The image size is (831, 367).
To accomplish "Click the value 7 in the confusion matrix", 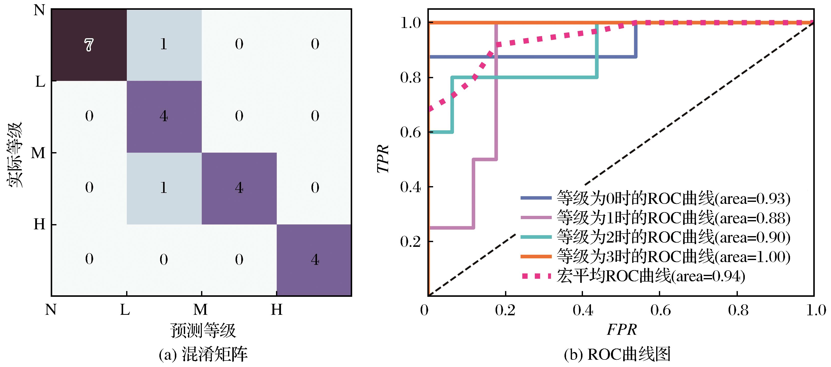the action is coord(89,45).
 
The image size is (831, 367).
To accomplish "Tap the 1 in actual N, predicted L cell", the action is coord(164,44).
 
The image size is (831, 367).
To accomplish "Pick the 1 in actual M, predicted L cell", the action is coord(164,188).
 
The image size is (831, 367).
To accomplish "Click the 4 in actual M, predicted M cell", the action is coord(239,188).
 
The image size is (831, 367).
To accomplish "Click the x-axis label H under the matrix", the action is coord(277,310).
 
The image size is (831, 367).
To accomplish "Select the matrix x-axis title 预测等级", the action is coord(203,330).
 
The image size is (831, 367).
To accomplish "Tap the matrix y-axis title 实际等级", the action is coord(14,155).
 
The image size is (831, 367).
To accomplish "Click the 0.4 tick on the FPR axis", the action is coord(583,310).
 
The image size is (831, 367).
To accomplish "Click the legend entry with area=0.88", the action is coord(655,218).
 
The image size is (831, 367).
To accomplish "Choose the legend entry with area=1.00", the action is coord(655,257).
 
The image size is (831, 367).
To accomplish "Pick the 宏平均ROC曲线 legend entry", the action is coord(633,276).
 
